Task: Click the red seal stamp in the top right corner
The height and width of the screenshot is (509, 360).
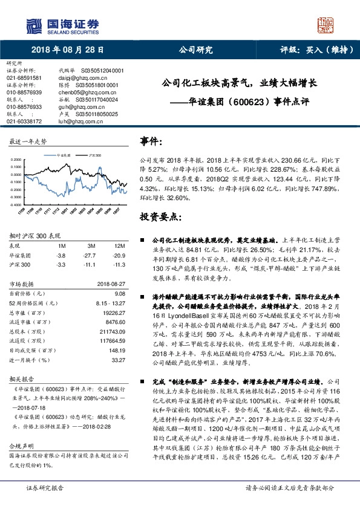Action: tap(328, 25)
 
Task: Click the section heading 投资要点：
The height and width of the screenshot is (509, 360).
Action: tap(160, 217)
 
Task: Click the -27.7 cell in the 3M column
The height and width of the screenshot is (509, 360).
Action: tap(92, 256)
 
